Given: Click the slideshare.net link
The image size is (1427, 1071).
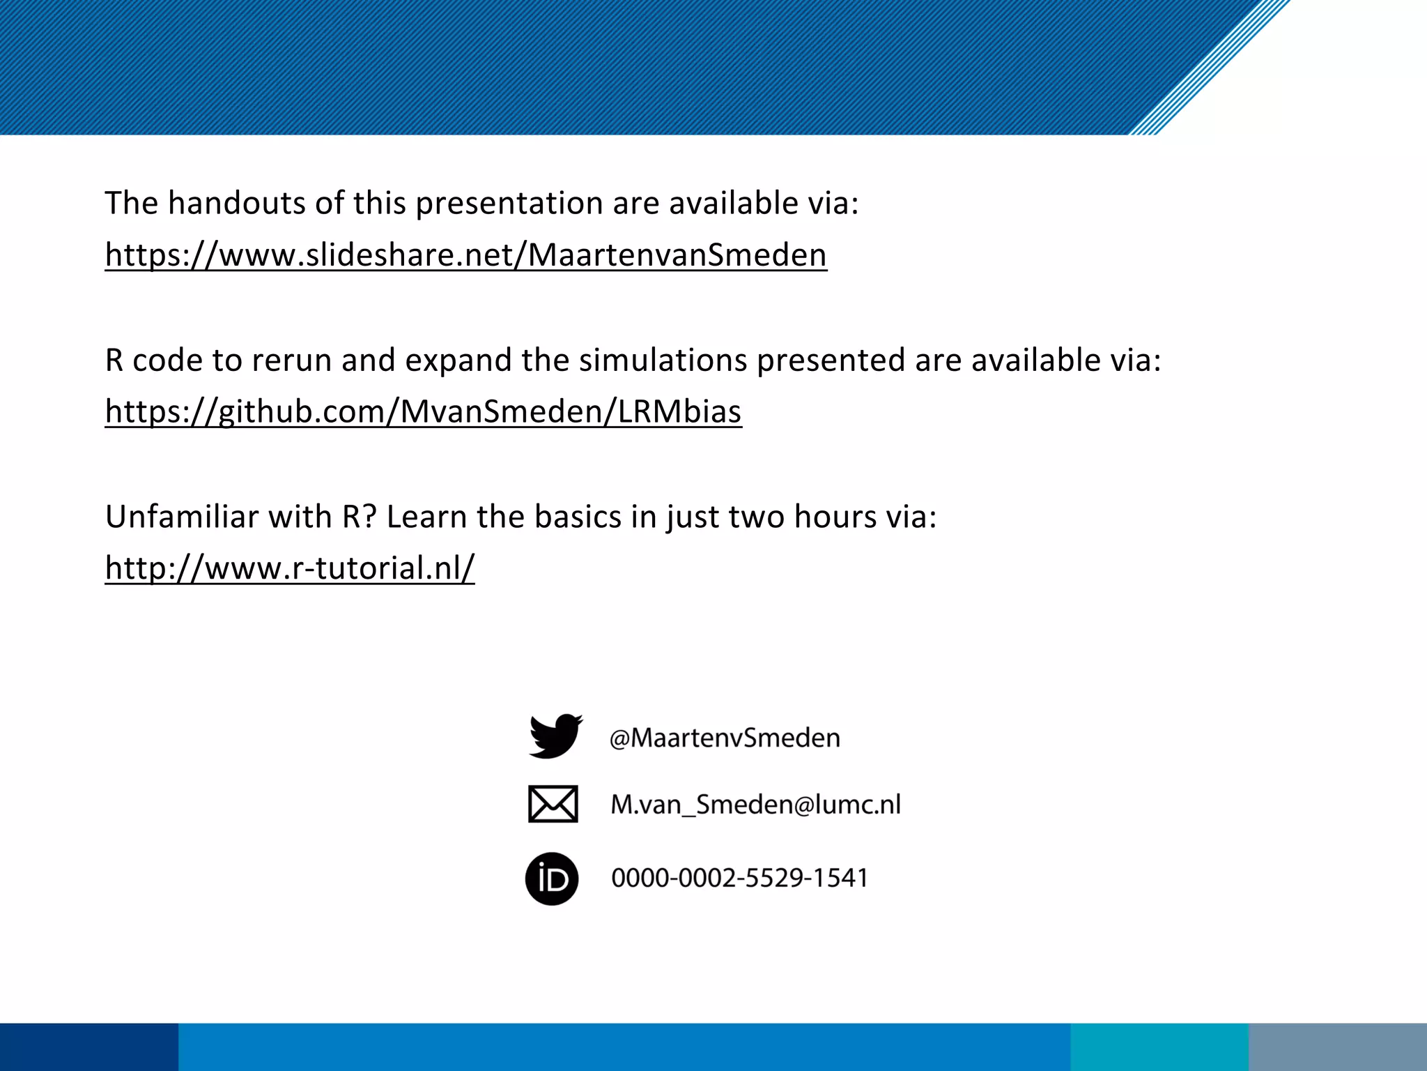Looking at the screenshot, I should click(x=465, y=255).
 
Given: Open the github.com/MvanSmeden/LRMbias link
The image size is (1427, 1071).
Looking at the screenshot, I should click(x=423, y=411).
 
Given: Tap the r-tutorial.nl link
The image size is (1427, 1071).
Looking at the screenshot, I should click(x=289, y=568).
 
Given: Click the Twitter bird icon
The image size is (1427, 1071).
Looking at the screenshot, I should click(x=555, y=736).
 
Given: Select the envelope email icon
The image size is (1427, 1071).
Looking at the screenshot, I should click(x=553, y=804).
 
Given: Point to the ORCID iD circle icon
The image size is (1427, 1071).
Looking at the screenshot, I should click(x=552, y=879).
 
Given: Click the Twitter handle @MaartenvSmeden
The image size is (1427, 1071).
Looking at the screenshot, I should click(x=725, y=738).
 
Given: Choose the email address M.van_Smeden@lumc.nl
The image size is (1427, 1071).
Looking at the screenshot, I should click(x=755, y=805).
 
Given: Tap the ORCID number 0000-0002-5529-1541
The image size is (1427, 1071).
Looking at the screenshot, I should click(x=739, y=878).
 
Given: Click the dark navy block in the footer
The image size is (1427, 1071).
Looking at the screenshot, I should click(x=88, y=1047).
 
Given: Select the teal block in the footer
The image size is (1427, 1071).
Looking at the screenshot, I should click(x=1159, y=1047).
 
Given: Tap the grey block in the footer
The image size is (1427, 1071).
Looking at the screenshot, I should click(x=1338, y=1047).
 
